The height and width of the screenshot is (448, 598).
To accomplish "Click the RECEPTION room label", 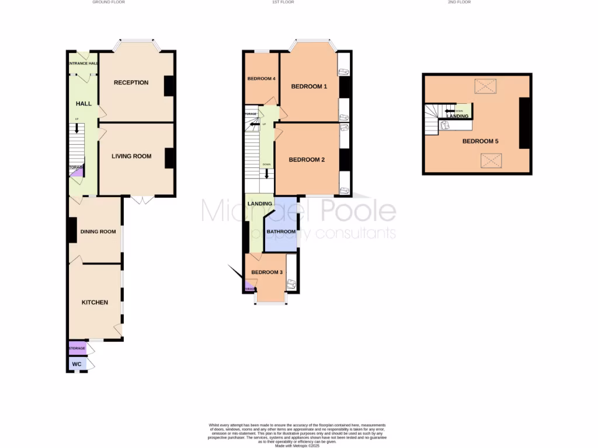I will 131,82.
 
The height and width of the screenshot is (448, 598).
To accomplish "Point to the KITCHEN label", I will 95,302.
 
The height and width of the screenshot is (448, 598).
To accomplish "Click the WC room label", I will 77,364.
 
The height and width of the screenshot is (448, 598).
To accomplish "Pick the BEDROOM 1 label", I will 309,87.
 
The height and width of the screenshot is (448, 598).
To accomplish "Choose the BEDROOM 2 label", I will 307,160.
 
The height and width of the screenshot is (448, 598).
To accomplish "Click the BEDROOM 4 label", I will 261,78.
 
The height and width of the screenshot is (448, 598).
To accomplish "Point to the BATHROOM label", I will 281,232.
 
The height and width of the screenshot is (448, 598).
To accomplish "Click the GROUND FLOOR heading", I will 109,2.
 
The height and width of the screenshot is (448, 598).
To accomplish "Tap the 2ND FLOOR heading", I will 459,2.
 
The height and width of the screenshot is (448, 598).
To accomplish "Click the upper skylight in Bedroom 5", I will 485,86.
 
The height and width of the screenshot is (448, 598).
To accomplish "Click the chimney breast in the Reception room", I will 169,86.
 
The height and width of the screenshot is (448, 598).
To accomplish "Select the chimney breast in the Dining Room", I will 72,230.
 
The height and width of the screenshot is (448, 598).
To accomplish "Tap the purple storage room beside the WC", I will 77,348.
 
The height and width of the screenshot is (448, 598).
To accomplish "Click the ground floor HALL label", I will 84,104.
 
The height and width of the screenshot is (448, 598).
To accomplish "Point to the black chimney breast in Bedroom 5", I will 524,123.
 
